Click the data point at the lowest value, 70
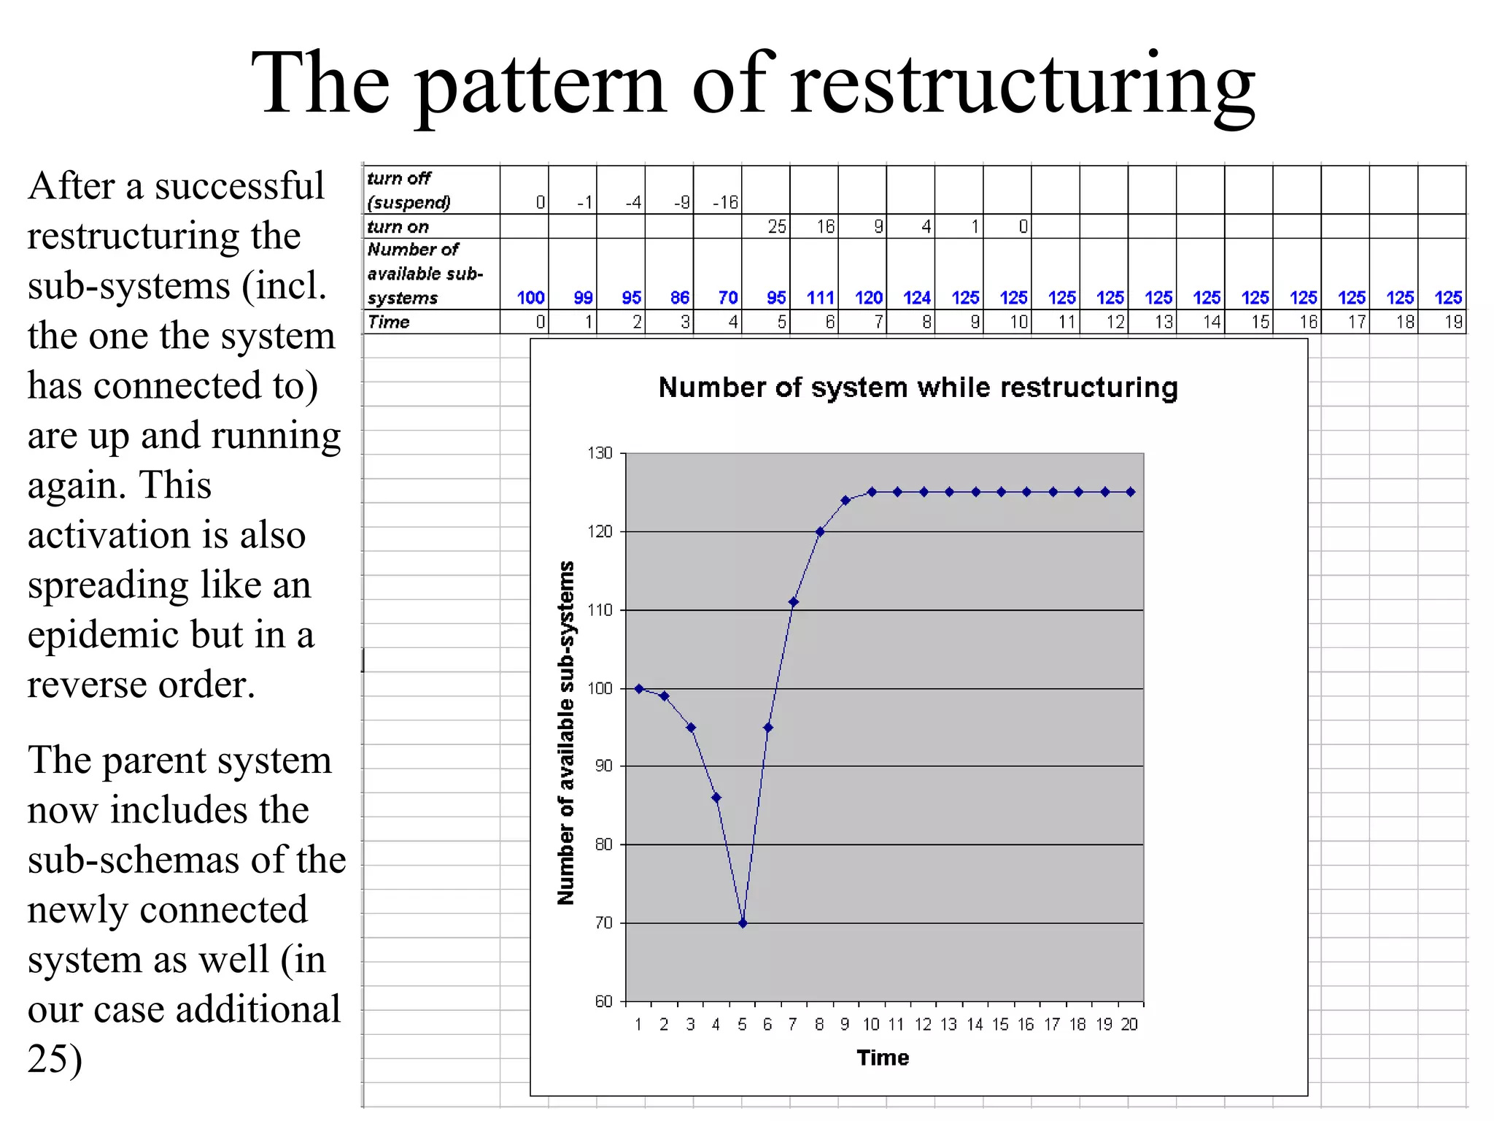743,923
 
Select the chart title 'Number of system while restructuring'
918,388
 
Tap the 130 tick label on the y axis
600,453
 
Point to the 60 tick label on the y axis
603,1001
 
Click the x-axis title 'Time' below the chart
883,1058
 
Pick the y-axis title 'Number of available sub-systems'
566,733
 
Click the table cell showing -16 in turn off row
725,202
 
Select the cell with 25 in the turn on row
776,226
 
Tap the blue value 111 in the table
820,298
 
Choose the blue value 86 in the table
679,298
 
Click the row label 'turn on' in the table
398,226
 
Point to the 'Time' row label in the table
388,322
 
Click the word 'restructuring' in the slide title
1023,84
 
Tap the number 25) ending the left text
55,1059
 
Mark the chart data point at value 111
794,602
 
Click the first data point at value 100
639,688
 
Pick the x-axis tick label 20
1129,1025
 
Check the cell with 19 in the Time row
1452,322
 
